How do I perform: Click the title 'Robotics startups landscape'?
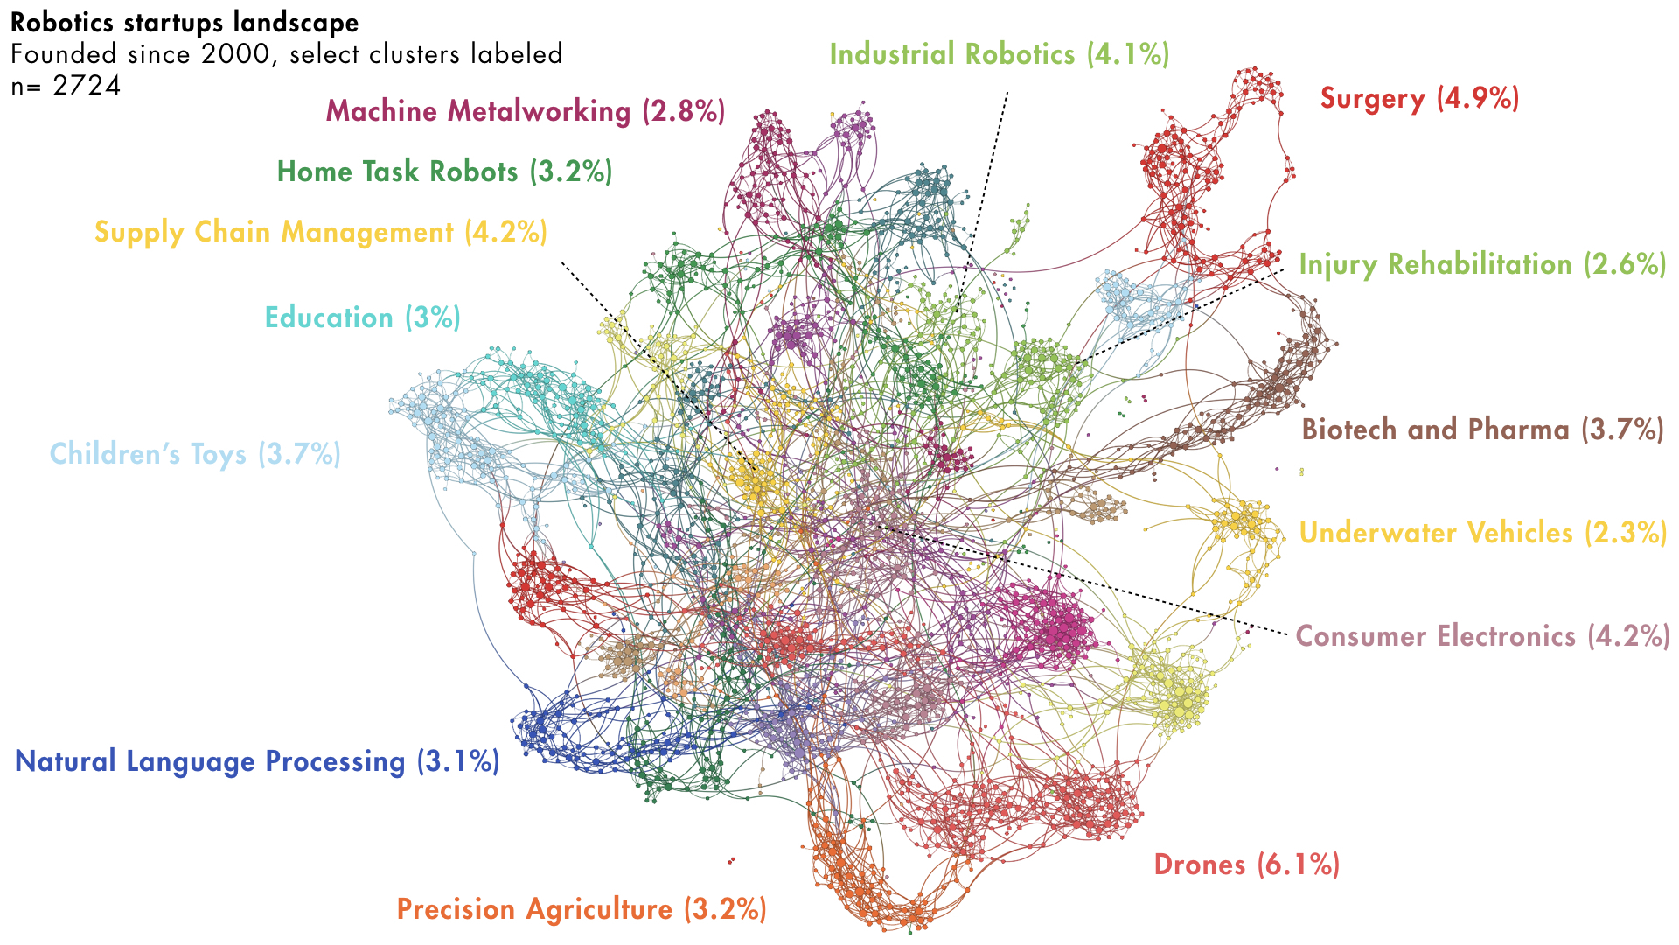coord(185,23)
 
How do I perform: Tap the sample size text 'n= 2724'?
coord(66,86)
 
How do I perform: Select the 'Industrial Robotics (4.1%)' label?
coord(999,54)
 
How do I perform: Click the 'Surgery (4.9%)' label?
coord(1419,98)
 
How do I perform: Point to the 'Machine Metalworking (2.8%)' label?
coord(525,111)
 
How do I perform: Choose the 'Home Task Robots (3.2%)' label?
coord(444,171)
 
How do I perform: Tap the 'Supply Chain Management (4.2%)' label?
coord(320,232)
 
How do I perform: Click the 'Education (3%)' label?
coord(362,318)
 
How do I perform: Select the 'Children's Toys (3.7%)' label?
coord(195,454)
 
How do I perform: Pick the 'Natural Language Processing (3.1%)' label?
coord(257,761)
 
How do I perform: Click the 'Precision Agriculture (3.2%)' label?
coord(582,909)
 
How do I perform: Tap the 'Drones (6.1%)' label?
coord(1246,864)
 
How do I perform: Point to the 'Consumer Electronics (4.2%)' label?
coord(1482,636)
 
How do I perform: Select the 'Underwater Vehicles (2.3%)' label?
coord(1482,533)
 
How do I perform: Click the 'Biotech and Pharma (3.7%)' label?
coord(1482,430)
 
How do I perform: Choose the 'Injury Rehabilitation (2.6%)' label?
coord(1482,264)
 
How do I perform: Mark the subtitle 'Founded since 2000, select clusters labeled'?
coord(286,54)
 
